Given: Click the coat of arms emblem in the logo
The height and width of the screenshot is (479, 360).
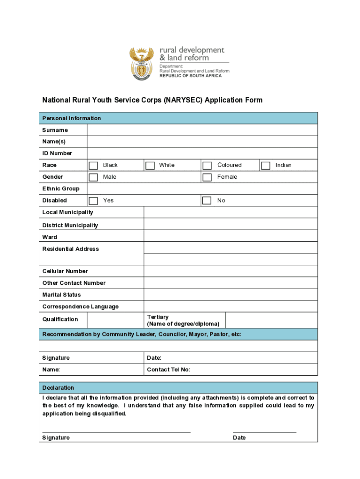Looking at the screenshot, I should [x=141, y=64].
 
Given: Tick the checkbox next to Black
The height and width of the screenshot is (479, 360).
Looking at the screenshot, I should [x=94, y=166].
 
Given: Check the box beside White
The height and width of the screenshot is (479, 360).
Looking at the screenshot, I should [x=150, y=166].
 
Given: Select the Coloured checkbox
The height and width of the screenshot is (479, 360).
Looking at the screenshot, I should [x=207, y=166].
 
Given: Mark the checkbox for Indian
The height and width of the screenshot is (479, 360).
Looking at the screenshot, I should [x=266, y=166].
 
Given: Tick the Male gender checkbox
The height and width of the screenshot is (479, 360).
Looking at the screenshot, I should [x=94, y=177].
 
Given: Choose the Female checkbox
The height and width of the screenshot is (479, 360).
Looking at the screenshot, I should [x=207, y=177].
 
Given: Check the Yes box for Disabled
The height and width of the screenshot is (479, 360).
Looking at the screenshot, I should [x=94, y=201].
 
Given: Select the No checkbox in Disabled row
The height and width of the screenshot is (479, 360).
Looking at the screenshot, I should [x=207, y=201].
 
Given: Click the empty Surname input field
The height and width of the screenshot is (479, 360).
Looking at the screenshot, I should [x=202, y=130].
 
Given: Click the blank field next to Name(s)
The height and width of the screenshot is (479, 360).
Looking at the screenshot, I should [x=202, y=142].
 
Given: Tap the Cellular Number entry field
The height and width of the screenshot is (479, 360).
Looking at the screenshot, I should [x=230, y=271].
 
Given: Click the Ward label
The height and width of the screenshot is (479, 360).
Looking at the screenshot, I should [x=50, y=237].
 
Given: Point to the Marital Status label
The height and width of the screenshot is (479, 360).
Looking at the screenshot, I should [x=62, y=295].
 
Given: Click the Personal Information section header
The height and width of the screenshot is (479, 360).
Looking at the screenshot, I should [x=72, y=118].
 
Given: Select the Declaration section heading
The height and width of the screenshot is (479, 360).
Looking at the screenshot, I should [x=58, y=388].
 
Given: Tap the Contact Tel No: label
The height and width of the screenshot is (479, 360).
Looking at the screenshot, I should [x=168, y=370].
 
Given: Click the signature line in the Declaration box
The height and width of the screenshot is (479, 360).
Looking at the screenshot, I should [x=116, y=432].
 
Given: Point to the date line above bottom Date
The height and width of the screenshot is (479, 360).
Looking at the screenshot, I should [x=265, y=432].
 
